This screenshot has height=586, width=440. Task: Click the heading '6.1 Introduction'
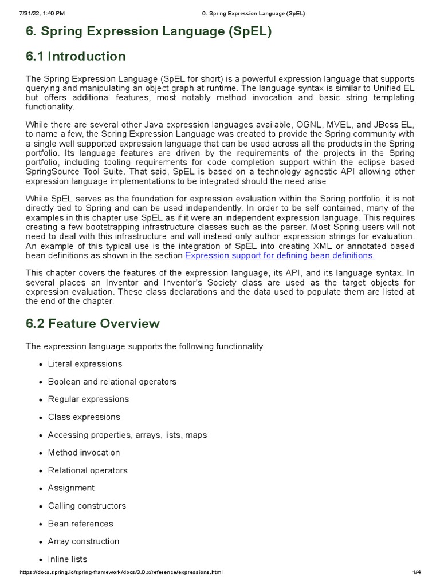tap(76, 56)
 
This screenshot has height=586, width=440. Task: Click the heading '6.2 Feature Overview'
tap(93, 323)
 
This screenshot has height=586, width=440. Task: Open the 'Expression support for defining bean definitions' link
tap(280, 255)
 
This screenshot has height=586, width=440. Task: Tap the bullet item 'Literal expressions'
tap(85, 364)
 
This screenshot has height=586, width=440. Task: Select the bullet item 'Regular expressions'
tap(88, 399)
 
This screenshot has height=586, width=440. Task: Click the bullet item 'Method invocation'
tap(84, 453)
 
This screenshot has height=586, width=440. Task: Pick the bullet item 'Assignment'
tap(71, 488)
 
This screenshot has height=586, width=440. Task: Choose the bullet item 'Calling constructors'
tap(87, 506)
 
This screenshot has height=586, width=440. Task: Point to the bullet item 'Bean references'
tap(80, 524)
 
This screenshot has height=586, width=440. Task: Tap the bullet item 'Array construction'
tap(84, 541)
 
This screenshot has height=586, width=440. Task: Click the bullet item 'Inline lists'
tap(68, 559)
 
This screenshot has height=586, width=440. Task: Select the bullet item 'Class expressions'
tap(84, 417)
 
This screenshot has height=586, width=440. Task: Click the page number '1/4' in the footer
tap(417, 572)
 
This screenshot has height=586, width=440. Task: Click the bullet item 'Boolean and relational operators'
tap(112, 382)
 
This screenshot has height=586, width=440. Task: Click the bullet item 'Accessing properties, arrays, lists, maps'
tap(127, 435)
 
